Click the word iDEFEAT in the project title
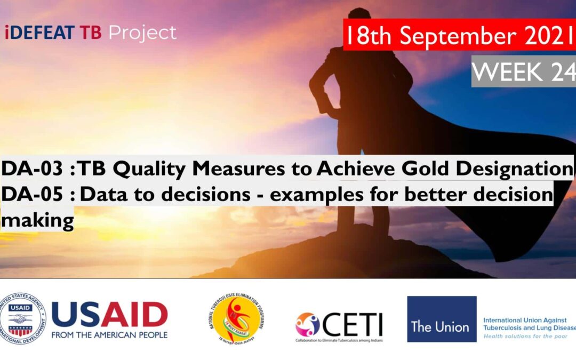[x=40, y=33]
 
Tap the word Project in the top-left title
[x=142, y=33]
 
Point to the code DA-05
[x=35, y=195]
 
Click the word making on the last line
[x=37, y=219]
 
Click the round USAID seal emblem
[x=23, y=318]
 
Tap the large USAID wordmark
[x=109, y=315]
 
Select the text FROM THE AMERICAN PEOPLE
[x=109, y=335]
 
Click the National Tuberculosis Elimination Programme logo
[x=236, y=318]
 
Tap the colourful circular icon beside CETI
[x=308, y=324]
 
